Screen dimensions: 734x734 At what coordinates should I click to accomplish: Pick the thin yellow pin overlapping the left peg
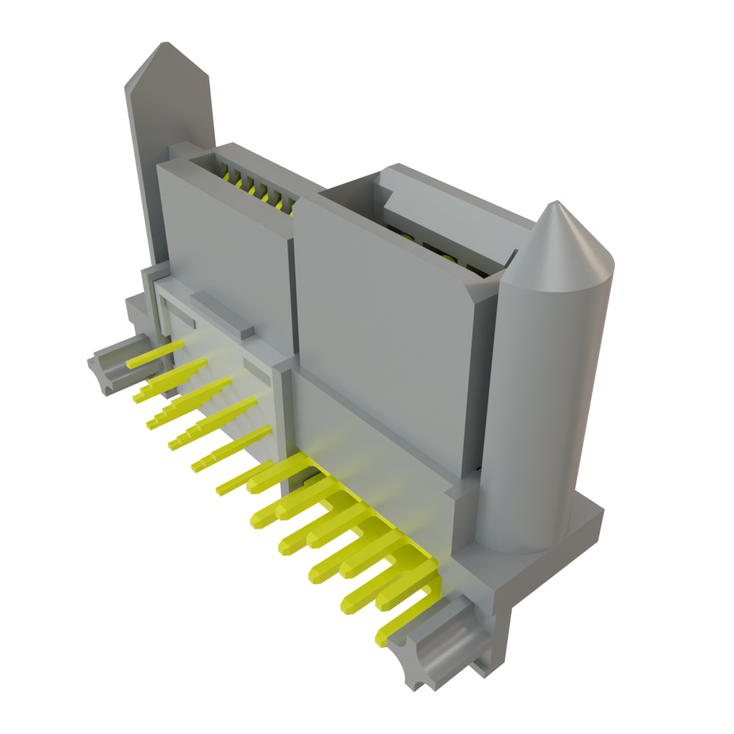(x=154, y=354)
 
